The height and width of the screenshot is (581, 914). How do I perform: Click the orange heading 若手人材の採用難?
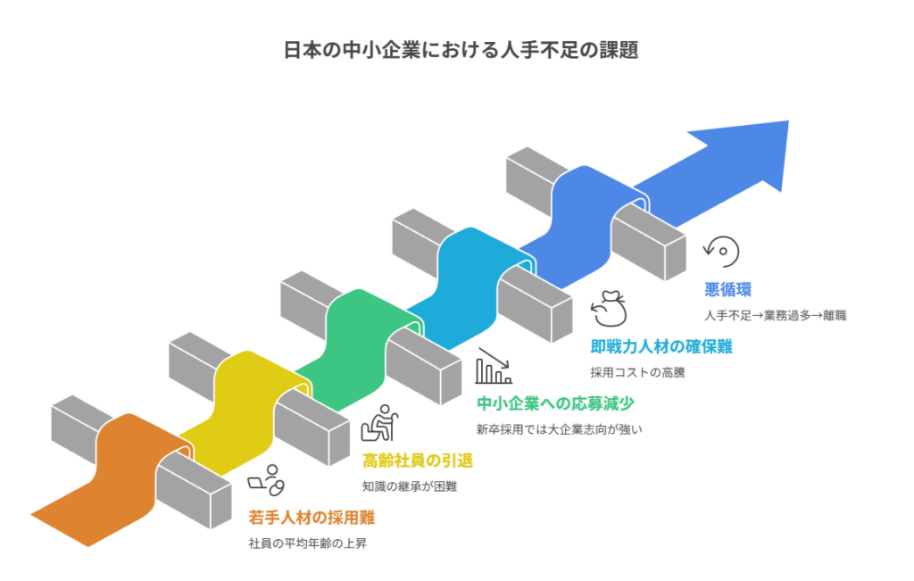tap(312, 518)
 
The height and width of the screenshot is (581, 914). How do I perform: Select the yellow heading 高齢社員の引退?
tap(417, 461)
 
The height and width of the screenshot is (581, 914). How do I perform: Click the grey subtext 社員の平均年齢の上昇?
tap(307, 543)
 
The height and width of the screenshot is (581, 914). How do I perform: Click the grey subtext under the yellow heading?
tap(409, 486)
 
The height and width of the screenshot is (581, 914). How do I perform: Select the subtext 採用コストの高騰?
tap(636, 372)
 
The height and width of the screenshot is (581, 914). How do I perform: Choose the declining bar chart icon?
tap(493, 366)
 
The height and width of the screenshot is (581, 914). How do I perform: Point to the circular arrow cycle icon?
tap(721, 252)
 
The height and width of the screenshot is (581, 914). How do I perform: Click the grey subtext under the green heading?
tap(559, 428)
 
